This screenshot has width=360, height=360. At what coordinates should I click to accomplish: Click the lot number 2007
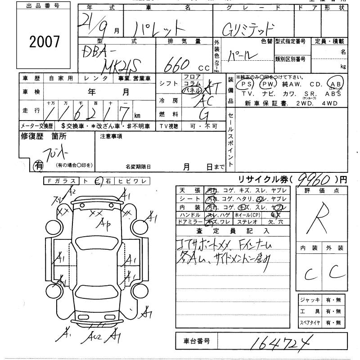pyautogui.click(x=44, y=42)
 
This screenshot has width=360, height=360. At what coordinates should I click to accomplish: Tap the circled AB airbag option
pyautogui.click(x=336, y=84)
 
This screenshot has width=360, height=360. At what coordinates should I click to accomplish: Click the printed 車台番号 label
pyautogui.click(x=196, y=341)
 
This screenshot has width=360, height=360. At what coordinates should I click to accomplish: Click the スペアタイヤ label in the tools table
pyautogui.click(x=310, y=323)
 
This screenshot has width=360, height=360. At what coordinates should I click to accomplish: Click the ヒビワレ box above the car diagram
pyautogui.click(x=130, y=181)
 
